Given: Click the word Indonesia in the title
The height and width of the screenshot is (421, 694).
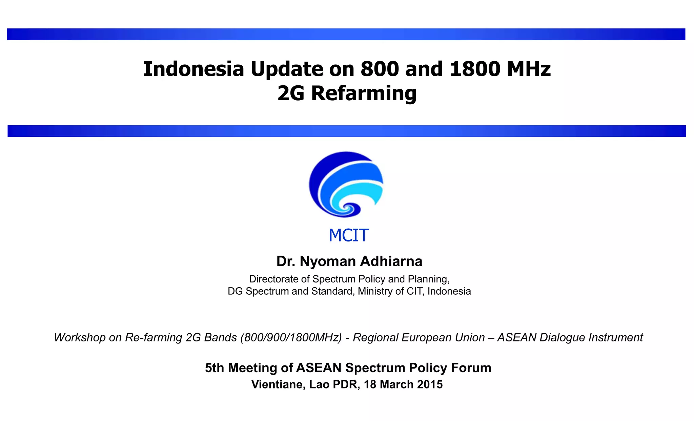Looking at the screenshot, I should point(193,69).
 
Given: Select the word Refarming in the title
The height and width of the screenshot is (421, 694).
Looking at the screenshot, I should point(364,93).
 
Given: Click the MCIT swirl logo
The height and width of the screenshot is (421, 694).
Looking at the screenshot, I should point(346,185).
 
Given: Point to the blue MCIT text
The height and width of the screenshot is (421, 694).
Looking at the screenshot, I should point(348,235).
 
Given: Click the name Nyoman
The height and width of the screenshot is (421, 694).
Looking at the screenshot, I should point(327,261).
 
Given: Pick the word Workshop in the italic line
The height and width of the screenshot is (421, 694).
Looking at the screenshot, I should point(80,338).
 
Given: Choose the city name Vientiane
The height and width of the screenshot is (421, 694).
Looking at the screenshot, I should point(278,385).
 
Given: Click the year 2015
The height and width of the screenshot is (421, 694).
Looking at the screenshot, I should point(430,385).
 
